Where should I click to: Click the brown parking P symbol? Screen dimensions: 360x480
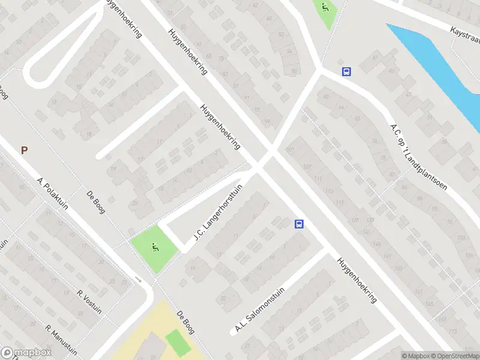click(24, 151)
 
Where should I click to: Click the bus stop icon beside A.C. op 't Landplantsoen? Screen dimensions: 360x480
click(346, 71)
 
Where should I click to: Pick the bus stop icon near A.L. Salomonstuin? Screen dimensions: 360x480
click(299, 224)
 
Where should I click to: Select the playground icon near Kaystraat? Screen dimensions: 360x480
click(325, 8)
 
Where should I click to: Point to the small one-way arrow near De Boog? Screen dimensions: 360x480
click(139, 279)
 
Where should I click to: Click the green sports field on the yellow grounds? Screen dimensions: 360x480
click(177, 343)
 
